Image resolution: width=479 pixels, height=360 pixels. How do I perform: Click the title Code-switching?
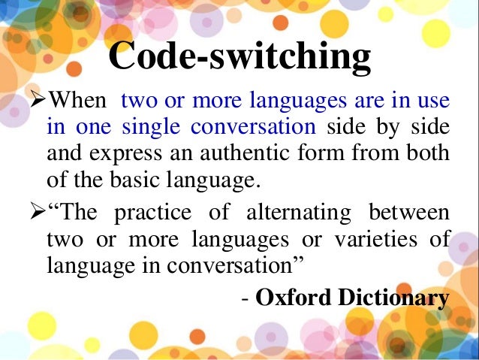(x=239, y=57)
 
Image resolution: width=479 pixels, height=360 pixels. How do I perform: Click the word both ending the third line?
(x=429, y=154)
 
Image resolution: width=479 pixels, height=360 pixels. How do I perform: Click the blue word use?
(x=434, y=101)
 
